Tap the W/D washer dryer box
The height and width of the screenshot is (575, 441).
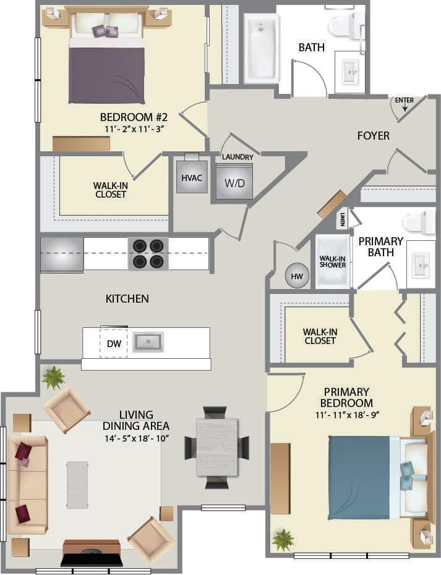click(234, 182)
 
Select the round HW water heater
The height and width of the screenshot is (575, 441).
click(297, 277)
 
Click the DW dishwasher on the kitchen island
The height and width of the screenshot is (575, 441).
click(113, 342)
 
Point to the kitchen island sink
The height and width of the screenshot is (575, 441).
click(148, 342)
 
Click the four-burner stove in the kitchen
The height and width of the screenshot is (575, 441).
click(148, 254)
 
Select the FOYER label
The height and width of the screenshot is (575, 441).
click(373, 135)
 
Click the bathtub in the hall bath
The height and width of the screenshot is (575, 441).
click(262, 48)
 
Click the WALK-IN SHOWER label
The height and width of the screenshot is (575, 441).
click(333, 262)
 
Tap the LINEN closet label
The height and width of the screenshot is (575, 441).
click(342, 219)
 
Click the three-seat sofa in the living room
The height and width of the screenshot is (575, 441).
click(27, 484)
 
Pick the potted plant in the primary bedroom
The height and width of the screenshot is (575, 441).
click(283, 540)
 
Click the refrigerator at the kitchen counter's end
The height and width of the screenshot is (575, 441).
click(62, 254)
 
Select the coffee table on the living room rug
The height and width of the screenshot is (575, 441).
click(77, 484)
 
